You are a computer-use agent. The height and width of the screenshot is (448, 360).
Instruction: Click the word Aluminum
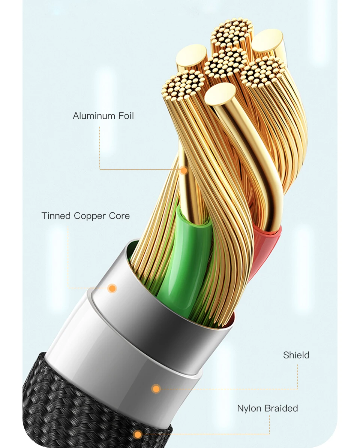[x=93, y=116]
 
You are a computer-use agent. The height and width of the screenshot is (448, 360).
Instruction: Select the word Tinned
[x=56, y=216]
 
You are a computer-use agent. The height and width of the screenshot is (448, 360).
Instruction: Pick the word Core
[x=120, y=216]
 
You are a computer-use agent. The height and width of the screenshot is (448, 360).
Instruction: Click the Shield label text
[x=296, y=355]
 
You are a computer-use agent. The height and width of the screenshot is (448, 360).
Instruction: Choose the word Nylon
[x=249, y=408]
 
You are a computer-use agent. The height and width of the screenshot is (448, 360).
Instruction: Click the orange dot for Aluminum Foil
[x=183, y=170]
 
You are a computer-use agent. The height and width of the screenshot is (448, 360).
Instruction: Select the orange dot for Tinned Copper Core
[x=112, y=288]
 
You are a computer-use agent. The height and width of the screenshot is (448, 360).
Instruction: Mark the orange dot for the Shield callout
[x=156, y=389]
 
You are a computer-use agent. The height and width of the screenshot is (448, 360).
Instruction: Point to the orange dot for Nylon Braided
[x=138, y=435]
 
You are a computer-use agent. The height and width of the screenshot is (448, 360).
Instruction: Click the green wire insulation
[x=187, y=255]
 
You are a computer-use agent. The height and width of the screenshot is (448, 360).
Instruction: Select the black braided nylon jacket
[x=75, y=416]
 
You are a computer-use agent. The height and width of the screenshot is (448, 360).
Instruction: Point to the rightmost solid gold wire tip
[x=267, y=40]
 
